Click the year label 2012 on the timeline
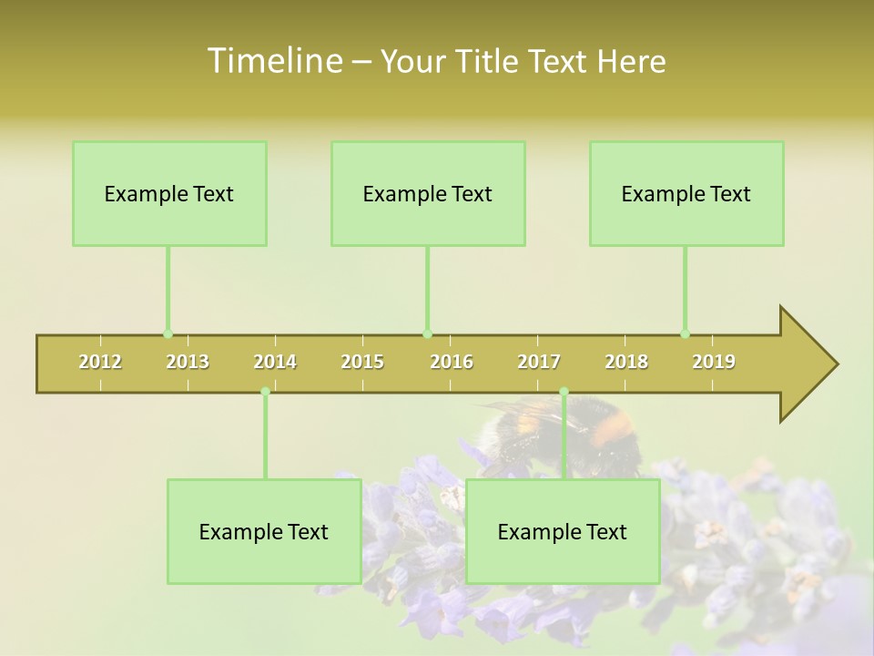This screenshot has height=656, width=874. (100, 362)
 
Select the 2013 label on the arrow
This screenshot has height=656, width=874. (188, 362)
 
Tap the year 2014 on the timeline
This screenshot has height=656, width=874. (275, 362)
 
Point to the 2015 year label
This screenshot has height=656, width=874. (362, 362)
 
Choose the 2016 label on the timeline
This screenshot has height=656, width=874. (452, 362)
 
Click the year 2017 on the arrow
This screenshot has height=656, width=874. (539, 362)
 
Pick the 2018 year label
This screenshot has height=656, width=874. (626, 362)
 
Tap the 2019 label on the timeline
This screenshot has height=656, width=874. (714, 362)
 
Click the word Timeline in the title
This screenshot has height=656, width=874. (273, 61)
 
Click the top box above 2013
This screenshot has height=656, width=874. (169, 193)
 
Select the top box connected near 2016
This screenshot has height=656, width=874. (428, 193)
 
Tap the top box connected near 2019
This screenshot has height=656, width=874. (686, 193)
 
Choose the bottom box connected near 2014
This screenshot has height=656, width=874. (264, 531)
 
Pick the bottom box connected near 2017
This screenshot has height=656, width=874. (563, 531)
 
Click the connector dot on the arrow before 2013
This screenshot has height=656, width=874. (168, 333)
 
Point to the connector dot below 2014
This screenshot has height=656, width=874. (265, 392)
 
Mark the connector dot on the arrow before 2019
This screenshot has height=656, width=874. (685, 333)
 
